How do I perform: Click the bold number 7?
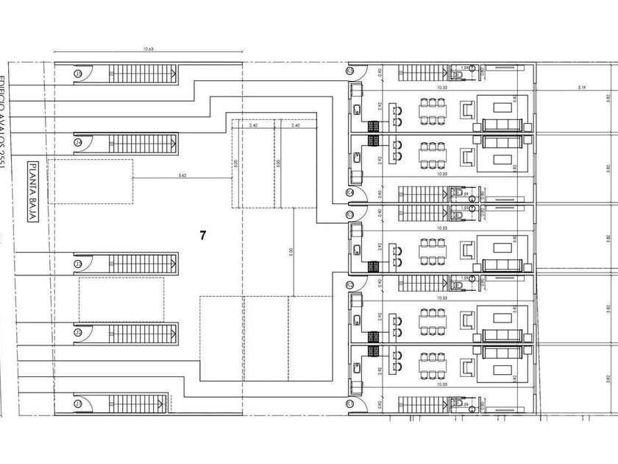[x=202, y=236]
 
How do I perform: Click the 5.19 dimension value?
[x=581, y=88]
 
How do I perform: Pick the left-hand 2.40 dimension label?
[x=253, y=126]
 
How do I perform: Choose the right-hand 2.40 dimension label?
[x=296, y=126]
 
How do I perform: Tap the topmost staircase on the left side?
[x=143, y=74]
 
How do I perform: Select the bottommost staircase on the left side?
[x=143, y=404]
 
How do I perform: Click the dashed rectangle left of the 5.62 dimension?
[x=90, y=181]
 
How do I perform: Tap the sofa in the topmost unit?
[x=502, y=124]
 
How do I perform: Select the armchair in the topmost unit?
[x=467, y=110]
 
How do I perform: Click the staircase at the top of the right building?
[x=424, y=73]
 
